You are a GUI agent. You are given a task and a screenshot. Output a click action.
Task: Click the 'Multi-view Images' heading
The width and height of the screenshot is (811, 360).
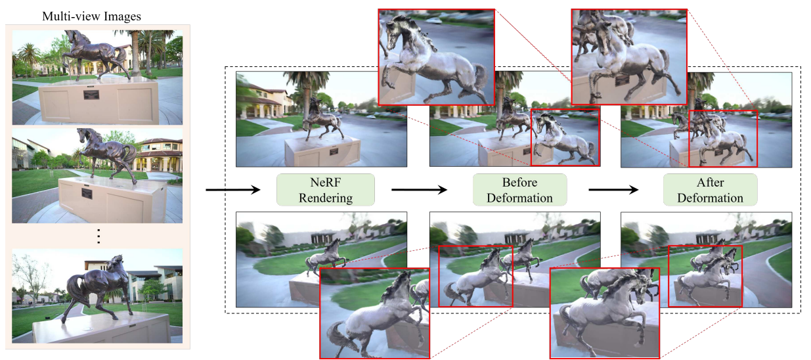tap(91, 16)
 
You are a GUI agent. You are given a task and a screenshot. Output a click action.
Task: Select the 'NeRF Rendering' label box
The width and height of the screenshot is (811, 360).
tap(325, 189)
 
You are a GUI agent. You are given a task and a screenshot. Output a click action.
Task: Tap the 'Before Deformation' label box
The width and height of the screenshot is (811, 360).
tap(519, 189)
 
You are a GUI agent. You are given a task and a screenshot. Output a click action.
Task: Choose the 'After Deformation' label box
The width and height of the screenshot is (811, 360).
tap(710, 189)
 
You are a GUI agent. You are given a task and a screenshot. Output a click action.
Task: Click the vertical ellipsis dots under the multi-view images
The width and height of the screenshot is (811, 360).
tap(99, 236)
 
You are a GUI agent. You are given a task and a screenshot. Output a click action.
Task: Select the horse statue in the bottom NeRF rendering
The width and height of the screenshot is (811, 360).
tap(326, 256)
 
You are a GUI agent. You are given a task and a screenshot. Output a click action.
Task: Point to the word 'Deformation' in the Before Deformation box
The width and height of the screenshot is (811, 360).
tap(519, 197)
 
